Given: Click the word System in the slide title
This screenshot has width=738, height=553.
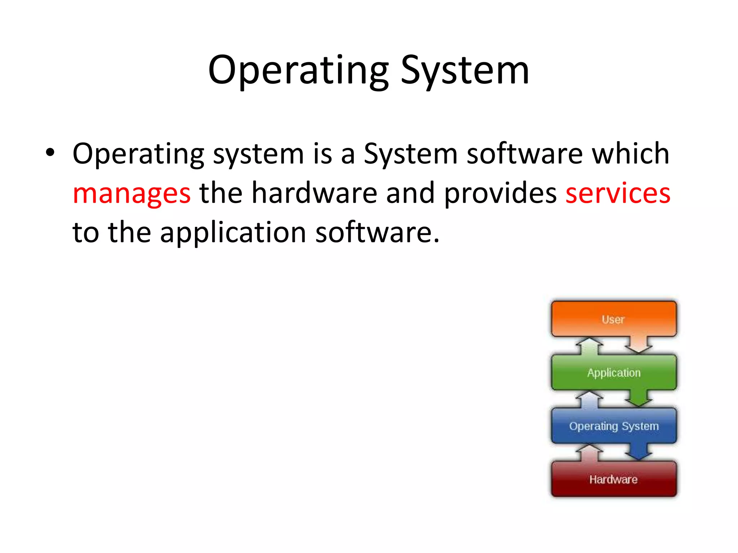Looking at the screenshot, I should coord(465,71).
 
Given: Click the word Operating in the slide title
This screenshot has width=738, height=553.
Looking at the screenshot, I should coord(298,71).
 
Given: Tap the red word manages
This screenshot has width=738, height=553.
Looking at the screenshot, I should coord(132,194).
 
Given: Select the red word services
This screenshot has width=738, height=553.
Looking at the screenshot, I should coord(618,193).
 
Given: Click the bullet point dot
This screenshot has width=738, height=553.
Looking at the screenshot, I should coord(50,153).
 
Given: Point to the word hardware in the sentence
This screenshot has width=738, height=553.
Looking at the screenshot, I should coord(314,193).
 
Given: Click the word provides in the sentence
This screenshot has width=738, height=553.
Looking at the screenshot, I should coord(500,193).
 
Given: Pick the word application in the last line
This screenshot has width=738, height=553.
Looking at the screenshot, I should coord(233,233).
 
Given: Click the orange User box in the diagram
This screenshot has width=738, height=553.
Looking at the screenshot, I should coord(613,319).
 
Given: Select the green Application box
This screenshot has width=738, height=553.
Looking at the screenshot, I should coord(613,373).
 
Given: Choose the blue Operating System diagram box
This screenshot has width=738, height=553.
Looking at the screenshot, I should coord(613,426).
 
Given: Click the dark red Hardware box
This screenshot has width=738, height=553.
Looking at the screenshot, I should coord(613,479).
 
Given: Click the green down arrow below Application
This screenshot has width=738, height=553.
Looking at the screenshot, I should coord(638,398).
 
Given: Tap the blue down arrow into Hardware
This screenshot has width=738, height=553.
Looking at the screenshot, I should coord(638,451).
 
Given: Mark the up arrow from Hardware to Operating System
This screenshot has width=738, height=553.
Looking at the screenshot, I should coord(590,453).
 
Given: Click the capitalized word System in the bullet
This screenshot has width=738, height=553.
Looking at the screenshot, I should coord(410,153).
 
